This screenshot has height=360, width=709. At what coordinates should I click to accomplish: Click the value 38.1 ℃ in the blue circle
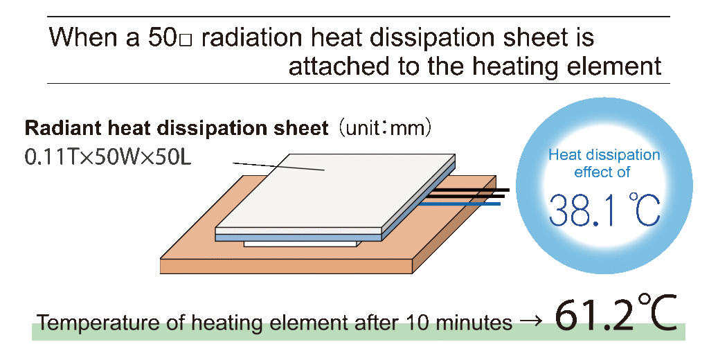(x=604, y=210)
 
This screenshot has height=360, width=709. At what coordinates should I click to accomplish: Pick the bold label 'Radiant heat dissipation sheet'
(x=177, y=128)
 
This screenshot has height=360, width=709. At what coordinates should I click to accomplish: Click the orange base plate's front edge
(x=287, y=267)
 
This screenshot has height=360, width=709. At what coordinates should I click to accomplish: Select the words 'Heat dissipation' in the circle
(x=604, y=155)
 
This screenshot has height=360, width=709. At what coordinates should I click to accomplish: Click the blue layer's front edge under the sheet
(x=299, y=237)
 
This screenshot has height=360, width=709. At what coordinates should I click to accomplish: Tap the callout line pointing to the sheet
(x=278, y=166)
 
